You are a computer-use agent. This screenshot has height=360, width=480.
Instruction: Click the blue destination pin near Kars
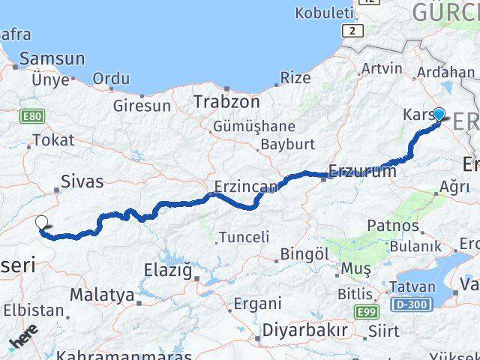click(x=439, y=115)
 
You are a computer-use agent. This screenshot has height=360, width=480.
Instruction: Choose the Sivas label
click(x=82, y=181)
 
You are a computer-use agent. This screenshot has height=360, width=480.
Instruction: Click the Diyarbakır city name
click(x=304, y=331)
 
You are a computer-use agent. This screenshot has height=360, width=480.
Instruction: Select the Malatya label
click(x=101, y=295)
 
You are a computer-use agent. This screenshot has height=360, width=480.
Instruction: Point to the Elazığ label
click(x=167, y=269)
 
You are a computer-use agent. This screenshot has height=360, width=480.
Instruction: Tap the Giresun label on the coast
click(x=142, y=106)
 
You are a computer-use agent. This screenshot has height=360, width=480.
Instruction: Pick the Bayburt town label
click(x=288, y=143)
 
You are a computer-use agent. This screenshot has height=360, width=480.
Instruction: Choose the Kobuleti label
click(x=323, y=13)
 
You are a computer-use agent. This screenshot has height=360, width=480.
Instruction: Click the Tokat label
click(x=53, y=140)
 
